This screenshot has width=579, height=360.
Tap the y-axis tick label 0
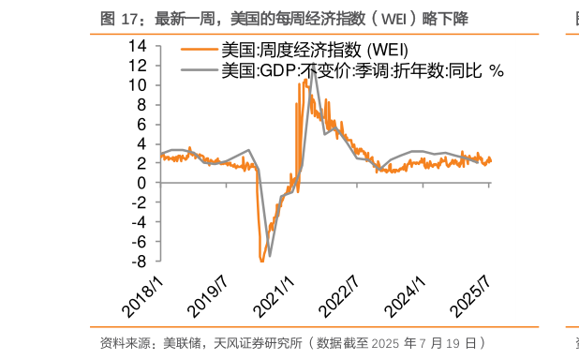[142, 183]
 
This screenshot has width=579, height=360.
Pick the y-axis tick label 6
[142, 124]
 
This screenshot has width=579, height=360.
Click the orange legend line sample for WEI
[199, 50]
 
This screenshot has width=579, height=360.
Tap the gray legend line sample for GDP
[199, 69]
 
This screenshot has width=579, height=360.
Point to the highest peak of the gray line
[313, 67]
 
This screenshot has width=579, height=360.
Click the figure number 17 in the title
[128, 19]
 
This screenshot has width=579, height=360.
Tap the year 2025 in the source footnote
[395, 343]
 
